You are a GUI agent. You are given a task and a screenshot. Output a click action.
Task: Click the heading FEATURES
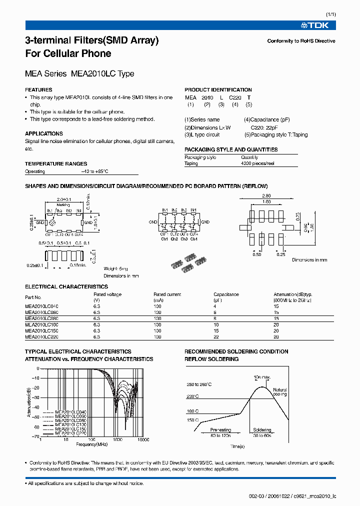(x=38, y=90)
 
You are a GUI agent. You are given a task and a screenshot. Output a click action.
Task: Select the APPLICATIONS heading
(x=44, y=134)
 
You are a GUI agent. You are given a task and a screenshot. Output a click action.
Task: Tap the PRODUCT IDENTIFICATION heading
(x=218, y=90)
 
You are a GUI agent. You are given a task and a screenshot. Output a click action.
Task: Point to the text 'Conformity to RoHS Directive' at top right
(x=301, y=41)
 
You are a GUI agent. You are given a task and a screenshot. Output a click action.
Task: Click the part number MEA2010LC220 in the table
(x=41, y=337)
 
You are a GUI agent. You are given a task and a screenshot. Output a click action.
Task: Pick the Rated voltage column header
(x=107, y=295)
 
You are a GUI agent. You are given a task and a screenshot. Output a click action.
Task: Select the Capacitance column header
(x=226, y=295)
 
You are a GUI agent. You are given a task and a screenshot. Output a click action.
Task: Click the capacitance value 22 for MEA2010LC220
(x=216, y=337)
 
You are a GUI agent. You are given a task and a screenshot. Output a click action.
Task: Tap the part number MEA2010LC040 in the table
(x=41, y=305)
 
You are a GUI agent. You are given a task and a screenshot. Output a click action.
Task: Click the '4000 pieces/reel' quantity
(x=257, y=163)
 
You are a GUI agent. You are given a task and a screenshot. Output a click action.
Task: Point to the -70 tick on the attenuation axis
(x=35, y=436)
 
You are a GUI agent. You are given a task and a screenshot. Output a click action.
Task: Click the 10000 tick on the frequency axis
(x=143, y=441)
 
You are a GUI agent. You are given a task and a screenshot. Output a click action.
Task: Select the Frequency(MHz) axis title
(x=92, y=444)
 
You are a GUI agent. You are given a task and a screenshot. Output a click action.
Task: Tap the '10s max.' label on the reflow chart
(x=261, y=376)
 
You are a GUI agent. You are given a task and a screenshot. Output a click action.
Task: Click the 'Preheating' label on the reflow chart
(x=220, y=430)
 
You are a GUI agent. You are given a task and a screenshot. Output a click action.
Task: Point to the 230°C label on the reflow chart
(x=193, y=396)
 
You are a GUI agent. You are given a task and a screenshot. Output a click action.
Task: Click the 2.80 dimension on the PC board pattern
(x=265, y=195)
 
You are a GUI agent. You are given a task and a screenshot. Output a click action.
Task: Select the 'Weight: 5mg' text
(x=116, y=269)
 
